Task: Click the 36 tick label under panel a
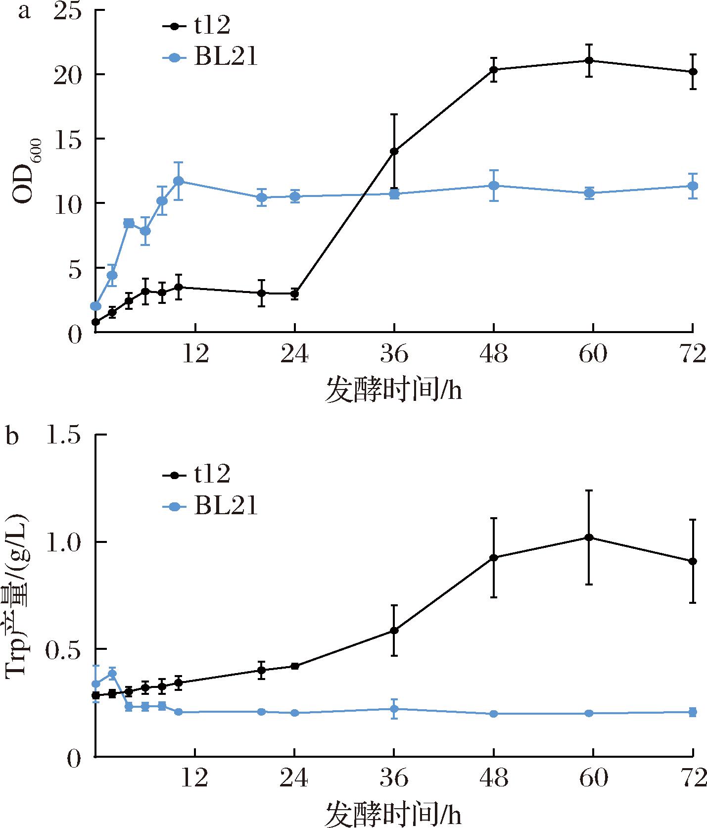click(x=394, y=355)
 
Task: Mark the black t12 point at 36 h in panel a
click(x=394, y=151)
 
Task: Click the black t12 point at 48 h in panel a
click(x=494, y=69)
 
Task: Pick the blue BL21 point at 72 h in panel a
click(x=693, y=186)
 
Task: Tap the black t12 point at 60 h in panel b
click(x=589, y=537)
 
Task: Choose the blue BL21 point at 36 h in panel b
click(x=394, y=709)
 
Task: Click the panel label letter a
click(x=24, y=11)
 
